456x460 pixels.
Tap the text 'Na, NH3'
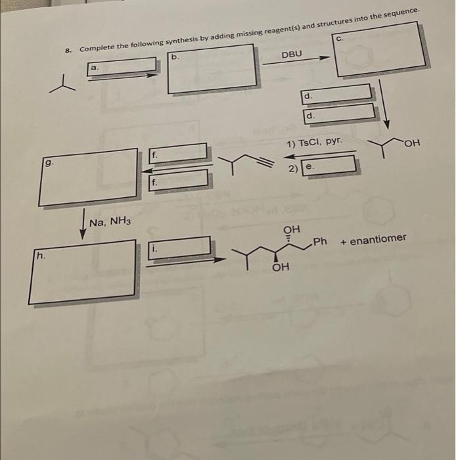click(x=110, y=222)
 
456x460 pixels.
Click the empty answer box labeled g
click(x=87, y=177)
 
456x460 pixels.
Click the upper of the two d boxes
click(x=338, y=93)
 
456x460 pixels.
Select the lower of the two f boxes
click(x=179, y=178)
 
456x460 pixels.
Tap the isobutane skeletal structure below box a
click(x=62, y=83)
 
